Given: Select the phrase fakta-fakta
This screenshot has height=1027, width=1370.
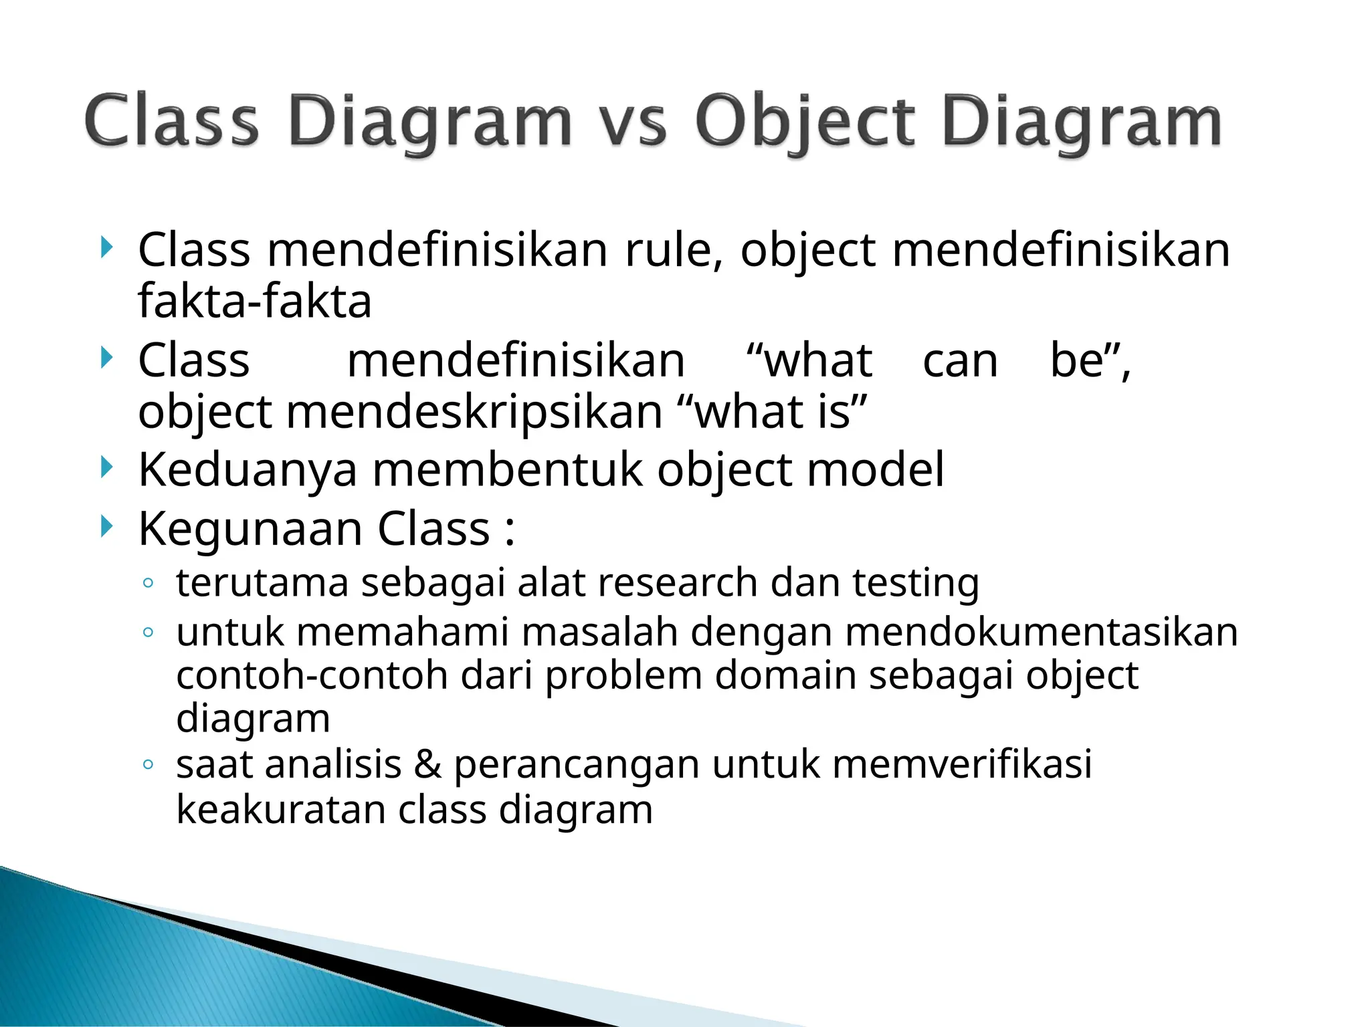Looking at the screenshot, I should click(254, 301).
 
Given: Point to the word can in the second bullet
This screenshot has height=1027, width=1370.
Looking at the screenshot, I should click(960, 362).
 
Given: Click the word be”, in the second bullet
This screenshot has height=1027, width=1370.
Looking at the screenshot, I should click(1090, 360).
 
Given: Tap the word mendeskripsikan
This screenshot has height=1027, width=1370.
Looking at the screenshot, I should click(474, 412).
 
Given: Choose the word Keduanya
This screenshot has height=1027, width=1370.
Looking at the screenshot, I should click(248, 471).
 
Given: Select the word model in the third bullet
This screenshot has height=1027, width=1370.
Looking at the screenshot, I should click(876, 469).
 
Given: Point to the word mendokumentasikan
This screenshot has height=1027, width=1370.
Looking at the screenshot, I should click(1041, 632).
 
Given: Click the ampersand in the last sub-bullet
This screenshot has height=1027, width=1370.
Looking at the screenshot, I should click(427, 764).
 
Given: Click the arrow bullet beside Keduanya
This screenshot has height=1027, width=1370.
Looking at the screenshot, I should click(106, 467).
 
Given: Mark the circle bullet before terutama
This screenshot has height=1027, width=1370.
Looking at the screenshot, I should click(149, 584).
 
